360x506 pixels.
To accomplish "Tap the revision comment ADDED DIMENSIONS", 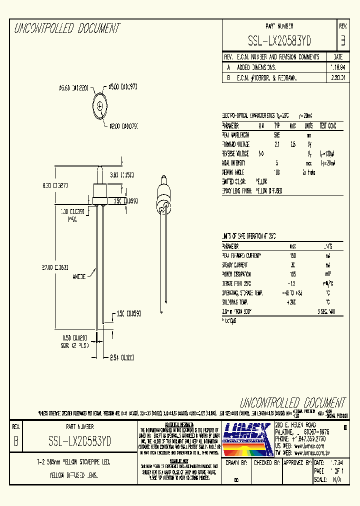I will pyautogui.click(x=256, y=67).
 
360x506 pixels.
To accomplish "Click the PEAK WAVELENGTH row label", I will pyautogui.click(x=236, y=135).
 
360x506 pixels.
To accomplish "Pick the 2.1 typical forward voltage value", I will pyautogui.click(x=277, y=144).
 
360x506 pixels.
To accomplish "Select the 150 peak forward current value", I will pyautogui.click(x=292, y=255).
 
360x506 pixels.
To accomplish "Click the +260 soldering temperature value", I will pyautogui.click(x=292, y=302).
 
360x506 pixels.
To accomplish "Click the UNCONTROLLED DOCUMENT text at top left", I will pyautogui.click(x=66, y=28).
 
